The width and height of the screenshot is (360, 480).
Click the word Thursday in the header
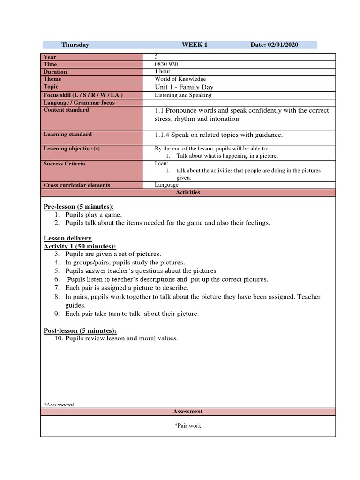click(75, 45)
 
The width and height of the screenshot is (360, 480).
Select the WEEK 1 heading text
click(195, 45)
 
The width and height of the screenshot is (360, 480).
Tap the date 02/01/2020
click(283, 45)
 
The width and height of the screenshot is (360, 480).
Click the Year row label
click(50, 57)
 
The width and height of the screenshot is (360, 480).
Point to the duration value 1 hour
click(163, 72)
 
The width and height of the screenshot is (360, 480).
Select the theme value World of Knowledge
click(180, 79)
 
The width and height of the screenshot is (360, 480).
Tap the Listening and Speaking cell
click(183, 95)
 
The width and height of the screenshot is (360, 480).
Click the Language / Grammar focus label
click(79, 103)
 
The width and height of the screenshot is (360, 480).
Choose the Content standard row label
click(66, 110)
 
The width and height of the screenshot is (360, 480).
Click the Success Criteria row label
click(64, 164)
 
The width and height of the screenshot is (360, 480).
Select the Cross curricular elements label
click(77, 185)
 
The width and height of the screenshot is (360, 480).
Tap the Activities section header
click(188, 192)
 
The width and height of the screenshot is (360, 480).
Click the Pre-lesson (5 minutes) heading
click(78, 207)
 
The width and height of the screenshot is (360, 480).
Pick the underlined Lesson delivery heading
click(67, 239)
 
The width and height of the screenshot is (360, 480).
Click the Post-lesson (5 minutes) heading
click(80, 330)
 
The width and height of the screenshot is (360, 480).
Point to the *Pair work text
click(187, 426)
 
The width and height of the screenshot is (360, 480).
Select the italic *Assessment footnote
click(59, 405)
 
